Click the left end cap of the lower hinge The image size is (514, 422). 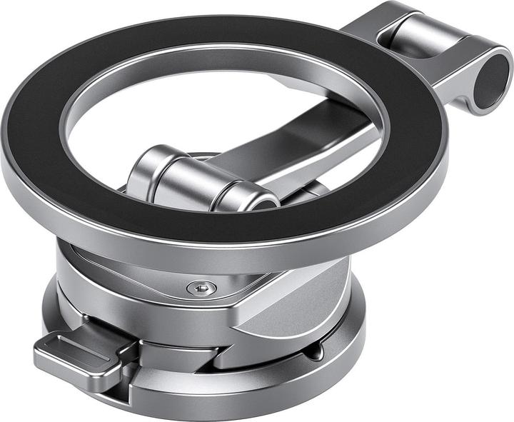point(143,171)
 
